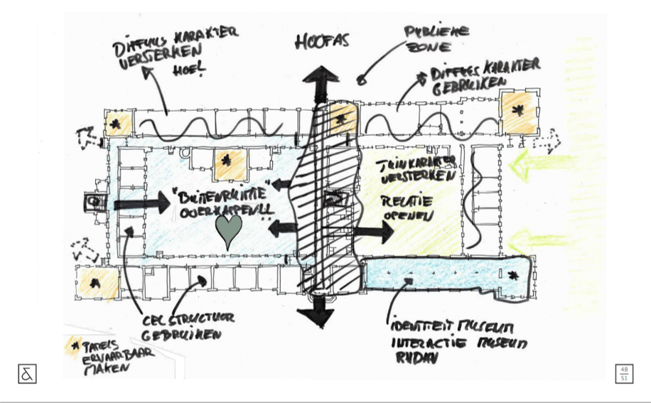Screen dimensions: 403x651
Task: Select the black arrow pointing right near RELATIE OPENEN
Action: tap(375, 231)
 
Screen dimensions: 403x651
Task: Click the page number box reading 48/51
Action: tap(623, 373)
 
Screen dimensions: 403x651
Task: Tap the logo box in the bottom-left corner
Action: tap(27, 373)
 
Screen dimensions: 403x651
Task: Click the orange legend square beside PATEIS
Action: tap(72, 347)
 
